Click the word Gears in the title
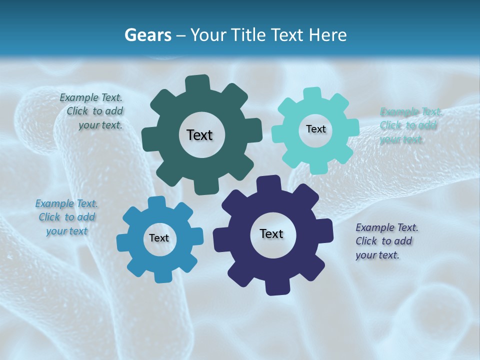coord(147,35)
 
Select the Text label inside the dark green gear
coord(199,135)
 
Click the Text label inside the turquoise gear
coord(315,129)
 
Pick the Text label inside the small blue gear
coord(159,238)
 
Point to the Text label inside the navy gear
coord(271,233)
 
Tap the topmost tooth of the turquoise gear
coord(312,93)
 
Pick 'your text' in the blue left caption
coord(66,231)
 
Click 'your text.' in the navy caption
coord(377,255)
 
